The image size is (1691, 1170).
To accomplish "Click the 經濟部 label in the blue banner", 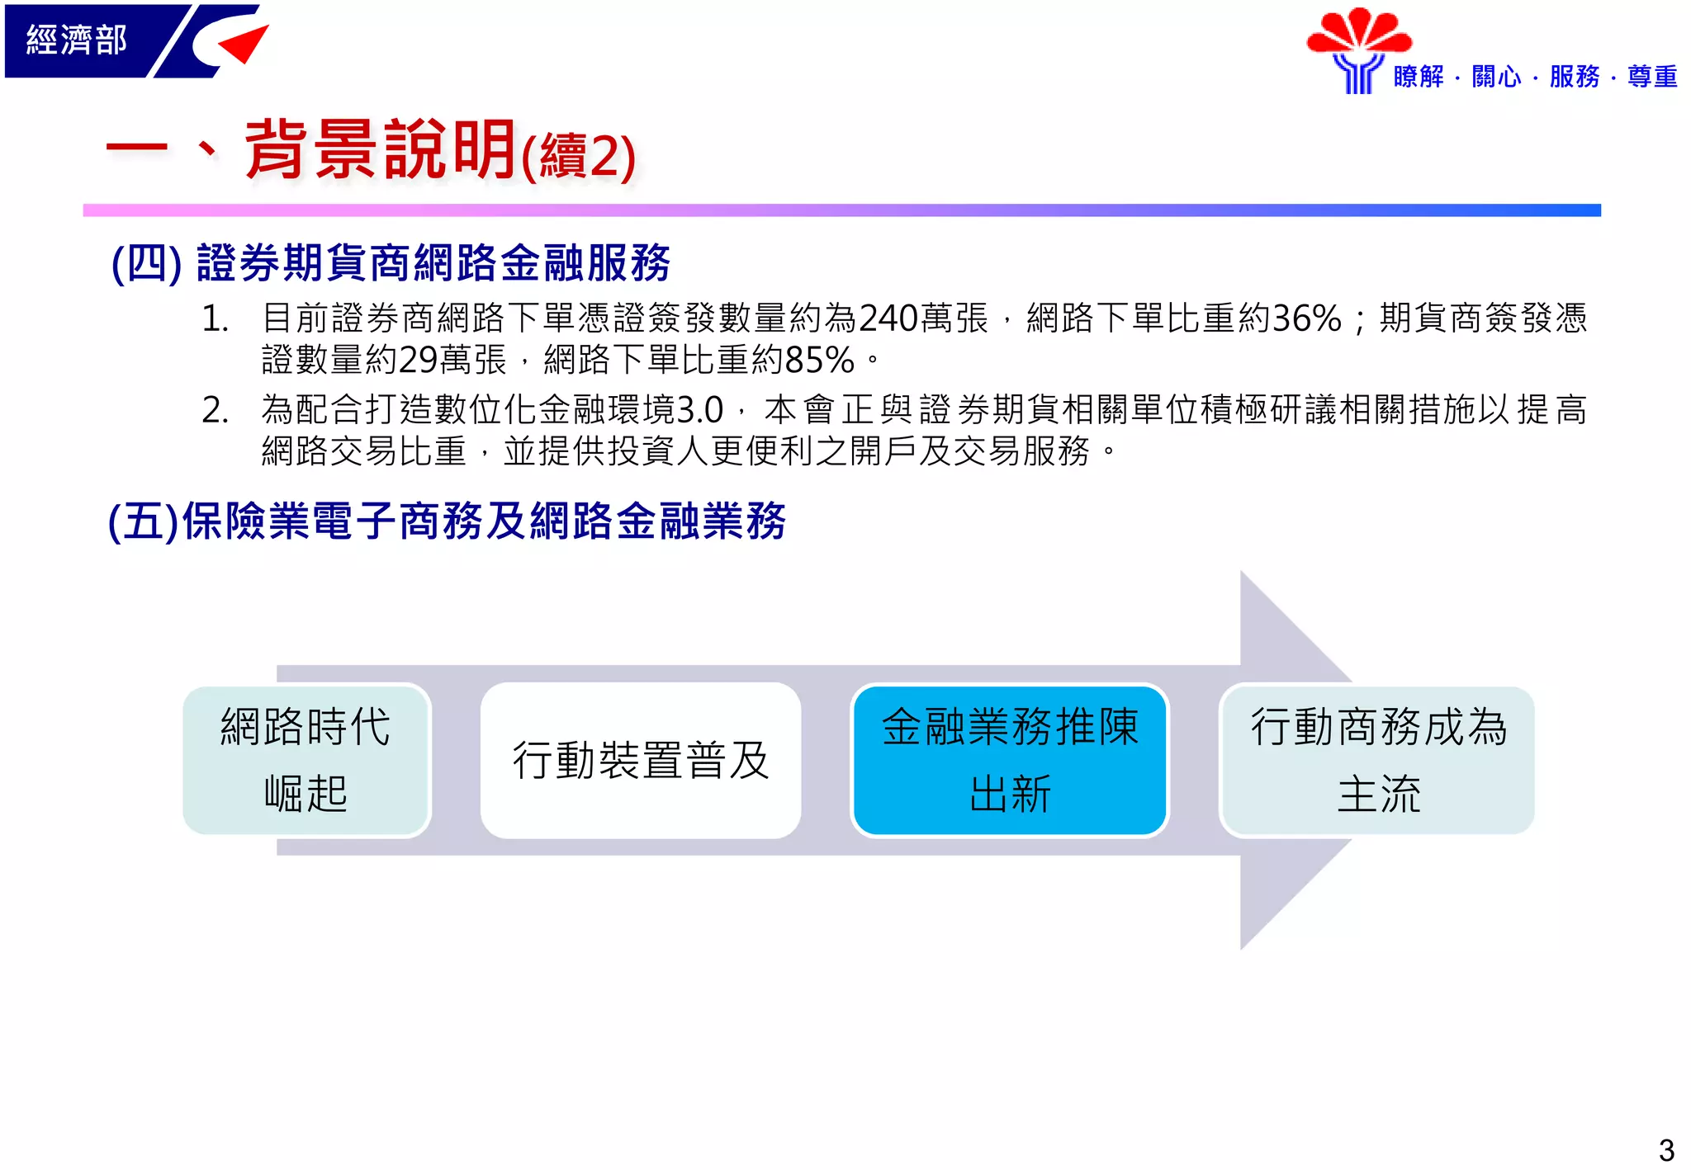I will point(76,40).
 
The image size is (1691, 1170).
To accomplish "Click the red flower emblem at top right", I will point(1358,33).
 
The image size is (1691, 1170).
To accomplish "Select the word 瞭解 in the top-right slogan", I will point(1418,77).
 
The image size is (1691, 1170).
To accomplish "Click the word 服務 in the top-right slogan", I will point(1574,77).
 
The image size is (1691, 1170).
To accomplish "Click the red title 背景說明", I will point(380,150).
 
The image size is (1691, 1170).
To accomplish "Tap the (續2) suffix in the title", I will point(578,157).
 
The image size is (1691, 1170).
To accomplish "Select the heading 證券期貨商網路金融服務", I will point(433,263).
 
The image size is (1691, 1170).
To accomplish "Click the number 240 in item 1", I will point(888,318).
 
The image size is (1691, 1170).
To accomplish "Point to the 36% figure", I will point(1307,318).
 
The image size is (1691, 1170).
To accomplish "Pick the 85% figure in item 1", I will point(819,361).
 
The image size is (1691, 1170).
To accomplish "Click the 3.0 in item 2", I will point(699,410).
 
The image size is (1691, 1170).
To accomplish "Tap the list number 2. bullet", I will point(216,410).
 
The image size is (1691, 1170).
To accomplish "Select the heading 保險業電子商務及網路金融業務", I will point(483,521).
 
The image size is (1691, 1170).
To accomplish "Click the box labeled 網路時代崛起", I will point(306,760).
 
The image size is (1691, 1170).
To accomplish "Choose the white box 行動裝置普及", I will point(640,760).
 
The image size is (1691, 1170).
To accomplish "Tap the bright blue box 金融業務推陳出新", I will point(1009,760).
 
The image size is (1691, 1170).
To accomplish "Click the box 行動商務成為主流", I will point(1377,760).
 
